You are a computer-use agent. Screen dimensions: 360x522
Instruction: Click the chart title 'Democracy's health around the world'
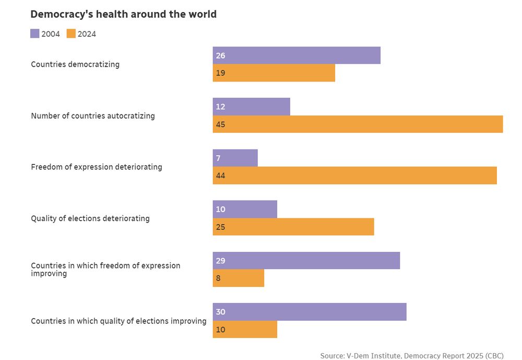click(123, 14)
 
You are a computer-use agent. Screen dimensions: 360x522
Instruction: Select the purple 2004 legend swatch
click(35, 34)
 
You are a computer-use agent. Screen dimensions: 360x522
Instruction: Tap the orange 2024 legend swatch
click(71, 34)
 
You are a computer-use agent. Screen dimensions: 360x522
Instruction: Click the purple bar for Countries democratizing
click(296, 55)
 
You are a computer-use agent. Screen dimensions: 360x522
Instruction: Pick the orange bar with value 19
click(274, 73)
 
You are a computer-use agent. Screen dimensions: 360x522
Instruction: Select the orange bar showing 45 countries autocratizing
click(358, 124)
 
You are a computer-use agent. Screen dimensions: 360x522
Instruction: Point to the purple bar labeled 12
click(251, 107)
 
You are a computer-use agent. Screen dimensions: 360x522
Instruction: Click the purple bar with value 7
click(235, 158)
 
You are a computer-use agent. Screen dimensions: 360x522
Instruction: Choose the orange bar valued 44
click(354, 176)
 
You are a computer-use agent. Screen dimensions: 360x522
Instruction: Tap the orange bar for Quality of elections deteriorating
click(293, 227)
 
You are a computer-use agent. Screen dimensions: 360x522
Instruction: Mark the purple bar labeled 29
click(306, 261)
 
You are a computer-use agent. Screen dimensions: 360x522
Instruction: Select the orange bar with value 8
click(238, 278)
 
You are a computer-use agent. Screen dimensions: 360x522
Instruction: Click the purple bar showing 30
click(309, 312)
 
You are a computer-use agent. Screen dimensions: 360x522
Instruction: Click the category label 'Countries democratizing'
click(75, 64)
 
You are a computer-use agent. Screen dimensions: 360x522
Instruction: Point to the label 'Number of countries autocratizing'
click(93, 116)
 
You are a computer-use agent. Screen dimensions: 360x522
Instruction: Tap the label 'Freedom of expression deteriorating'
click(97, 167)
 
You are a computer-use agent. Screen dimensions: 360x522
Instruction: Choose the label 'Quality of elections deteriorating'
click(90, 218)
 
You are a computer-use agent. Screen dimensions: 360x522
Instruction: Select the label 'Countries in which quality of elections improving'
click(118, 321)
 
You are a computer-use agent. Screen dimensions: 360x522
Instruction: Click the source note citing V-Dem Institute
click(412, 356)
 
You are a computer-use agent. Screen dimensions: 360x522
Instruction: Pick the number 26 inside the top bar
click(220, 55)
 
